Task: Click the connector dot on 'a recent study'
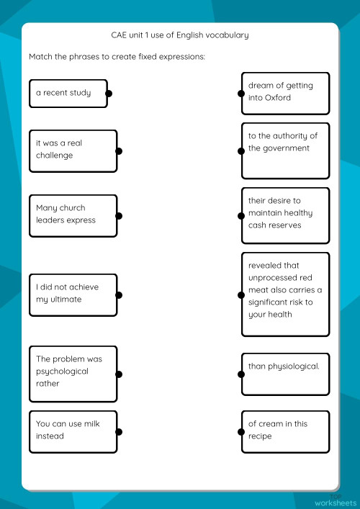108,94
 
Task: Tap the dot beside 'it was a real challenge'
119,151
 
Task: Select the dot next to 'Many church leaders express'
119,216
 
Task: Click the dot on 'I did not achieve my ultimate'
119,295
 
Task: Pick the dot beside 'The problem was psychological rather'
119,374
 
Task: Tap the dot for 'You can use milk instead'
119,432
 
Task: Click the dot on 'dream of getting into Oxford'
240,94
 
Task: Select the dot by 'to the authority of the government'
240,151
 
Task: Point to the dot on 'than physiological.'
240,374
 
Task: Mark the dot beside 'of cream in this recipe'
240,432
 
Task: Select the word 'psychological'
62,371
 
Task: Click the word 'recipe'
261,436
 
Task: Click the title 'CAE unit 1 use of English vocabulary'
180,35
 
